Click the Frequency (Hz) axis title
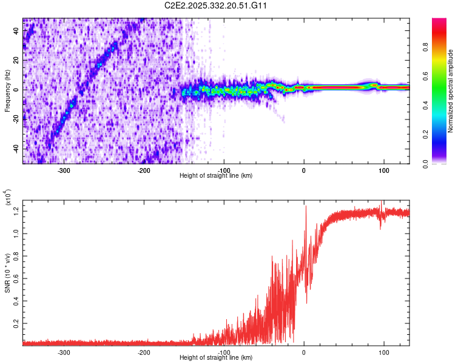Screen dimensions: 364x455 click(8, 91)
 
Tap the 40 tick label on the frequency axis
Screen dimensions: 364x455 click(17, 32)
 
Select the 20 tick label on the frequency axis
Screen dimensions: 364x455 click(17, 61)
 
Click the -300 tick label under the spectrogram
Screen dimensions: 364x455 click(64, 170)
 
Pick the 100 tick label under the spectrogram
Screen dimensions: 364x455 click(384, 170)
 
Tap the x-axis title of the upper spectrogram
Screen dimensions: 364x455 click(216, 176)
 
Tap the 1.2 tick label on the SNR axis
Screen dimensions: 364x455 click(16, 211)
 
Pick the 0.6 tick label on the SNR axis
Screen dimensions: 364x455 click(16, 278)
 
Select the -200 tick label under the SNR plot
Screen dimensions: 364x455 click(144, 352)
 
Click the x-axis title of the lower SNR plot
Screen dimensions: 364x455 click(216, 358)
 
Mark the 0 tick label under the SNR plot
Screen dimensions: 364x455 click(305, 352)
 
